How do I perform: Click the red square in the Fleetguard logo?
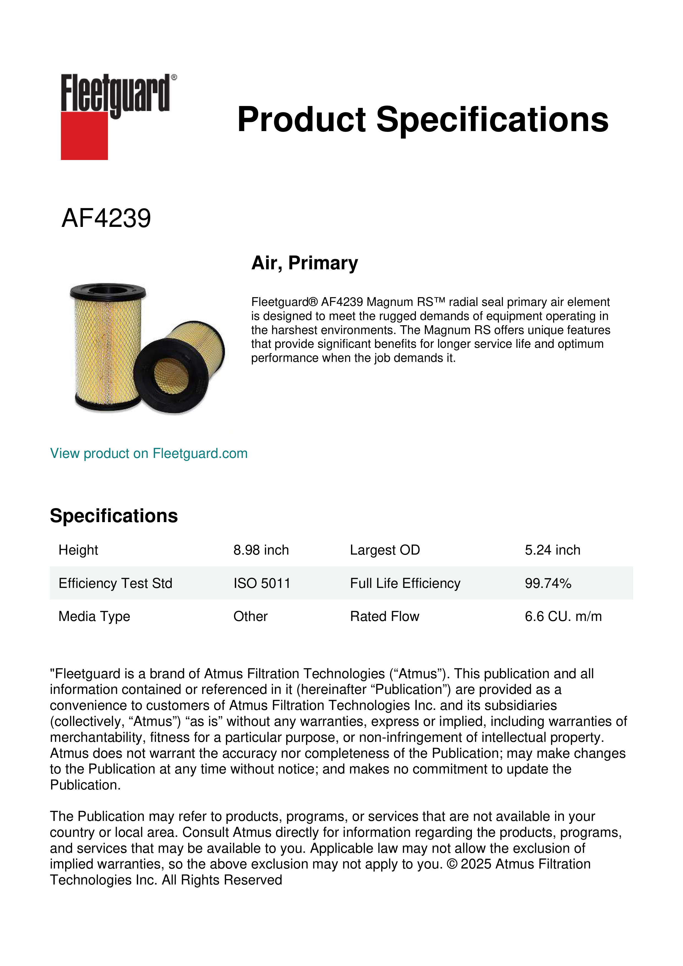pos(84,135)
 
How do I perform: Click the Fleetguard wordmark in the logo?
pos(116,93)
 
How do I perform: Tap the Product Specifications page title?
pos(423,120)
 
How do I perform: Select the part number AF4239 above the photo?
pos(106,218)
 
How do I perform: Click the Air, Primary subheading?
pos(304,263)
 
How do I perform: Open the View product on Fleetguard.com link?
pos(148,454)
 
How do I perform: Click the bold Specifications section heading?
pos(113,516)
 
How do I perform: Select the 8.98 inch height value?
pos(261,550)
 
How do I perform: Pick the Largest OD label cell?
pos(385,550)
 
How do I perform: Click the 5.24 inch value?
pos(552,550)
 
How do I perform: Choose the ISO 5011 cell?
pos(262,584)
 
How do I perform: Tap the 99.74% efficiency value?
pos(548,584)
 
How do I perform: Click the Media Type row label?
pos(94,616)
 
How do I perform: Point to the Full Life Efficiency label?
pos(405,584)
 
